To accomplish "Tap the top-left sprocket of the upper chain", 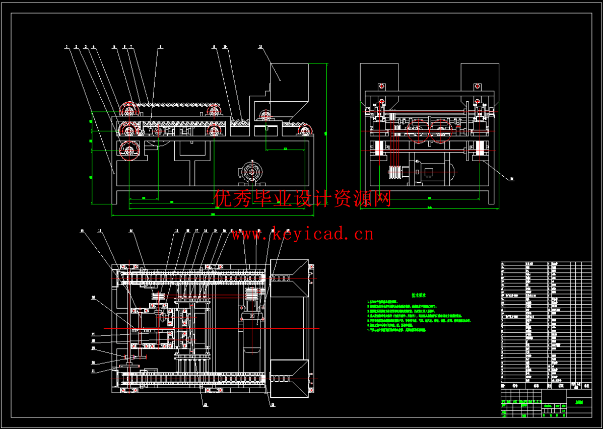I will (129, 110).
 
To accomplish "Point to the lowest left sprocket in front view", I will (129, 150).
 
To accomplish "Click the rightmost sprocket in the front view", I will (305, 131).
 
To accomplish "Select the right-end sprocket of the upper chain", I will (215, 111).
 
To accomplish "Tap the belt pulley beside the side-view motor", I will (395, 173).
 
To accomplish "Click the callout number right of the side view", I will (512, 178).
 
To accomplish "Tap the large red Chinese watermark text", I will (302, 198).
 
